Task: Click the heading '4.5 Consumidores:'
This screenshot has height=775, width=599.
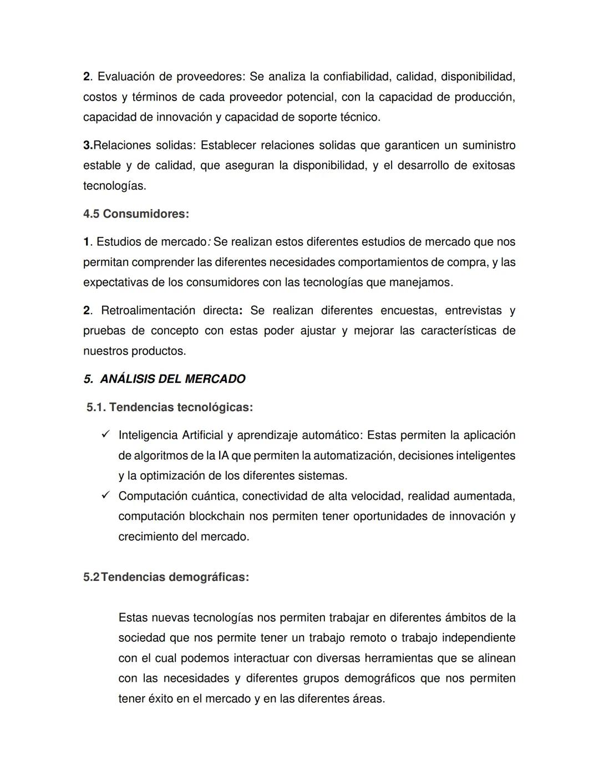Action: (x=136, y=214)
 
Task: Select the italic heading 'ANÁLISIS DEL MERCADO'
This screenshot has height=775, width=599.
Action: (x=172, y=379)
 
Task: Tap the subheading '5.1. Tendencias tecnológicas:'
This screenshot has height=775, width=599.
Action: (x=170, y=407)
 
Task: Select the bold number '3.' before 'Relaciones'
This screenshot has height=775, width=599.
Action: (x=88, y=145)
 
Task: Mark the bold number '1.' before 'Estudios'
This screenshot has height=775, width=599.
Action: (x=87, y=242)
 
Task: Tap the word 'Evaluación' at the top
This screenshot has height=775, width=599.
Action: (x=126, y=76)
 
